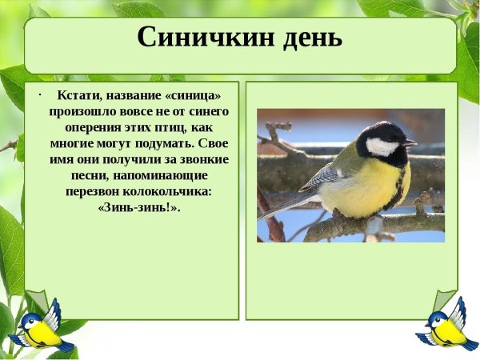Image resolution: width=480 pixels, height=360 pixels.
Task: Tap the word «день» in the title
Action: coord(308,37)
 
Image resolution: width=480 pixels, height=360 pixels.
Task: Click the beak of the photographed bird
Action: coord(410,143)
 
